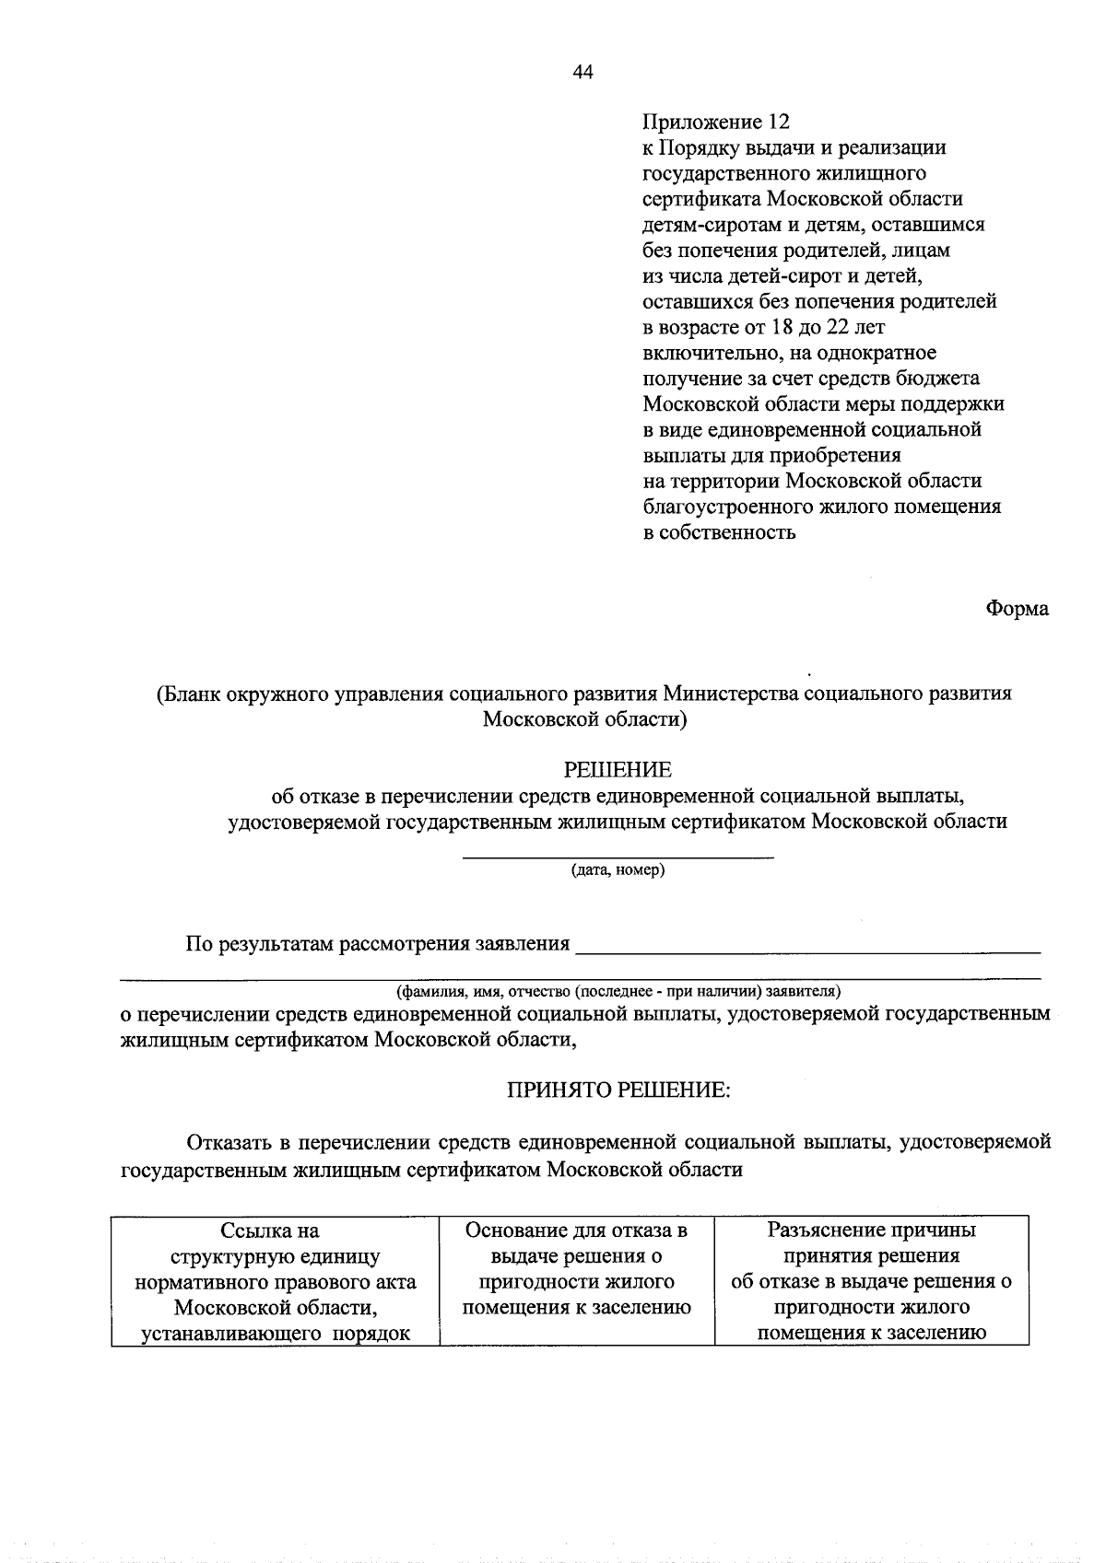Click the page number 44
582,73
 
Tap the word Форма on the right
1017,609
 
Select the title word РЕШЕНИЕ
618,769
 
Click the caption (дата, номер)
618,869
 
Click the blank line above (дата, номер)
618,857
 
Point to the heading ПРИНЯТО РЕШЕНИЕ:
618,1091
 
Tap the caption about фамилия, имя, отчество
618,992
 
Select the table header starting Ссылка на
275,1281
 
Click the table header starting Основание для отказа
577,1268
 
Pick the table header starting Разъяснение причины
871,1281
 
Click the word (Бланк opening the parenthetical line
188,694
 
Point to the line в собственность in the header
719,532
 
